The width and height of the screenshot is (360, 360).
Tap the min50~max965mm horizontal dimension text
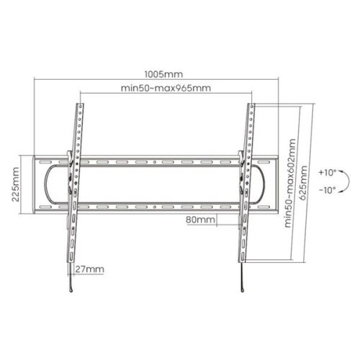coord(166,88)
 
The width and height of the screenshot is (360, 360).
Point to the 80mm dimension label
coord(199,218)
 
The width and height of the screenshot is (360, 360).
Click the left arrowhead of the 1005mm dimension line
coord(36,81)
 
